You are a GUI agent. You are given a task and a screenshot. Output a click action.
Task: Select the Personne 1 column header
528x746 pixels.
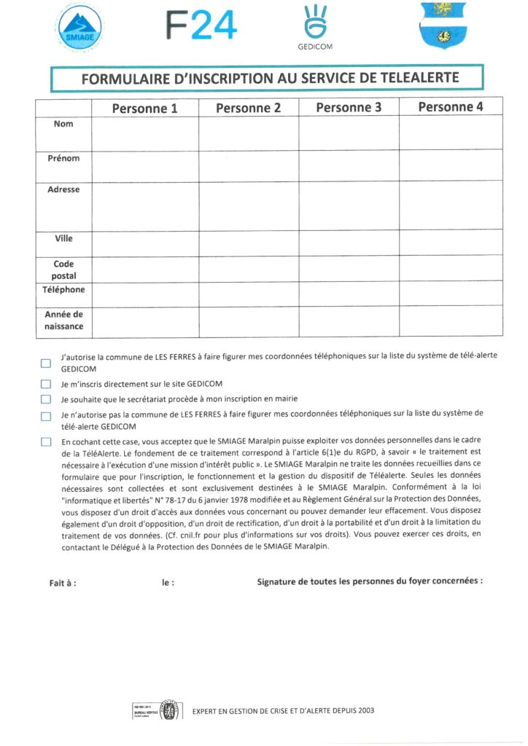[x=144, y=108]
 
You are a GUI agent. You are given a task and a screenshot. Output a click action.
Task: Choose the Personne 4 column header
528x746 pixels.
[x=451, y=107]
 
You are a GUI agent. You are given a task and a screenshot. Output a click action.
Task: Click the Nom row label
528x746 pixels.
[x=63, y=124]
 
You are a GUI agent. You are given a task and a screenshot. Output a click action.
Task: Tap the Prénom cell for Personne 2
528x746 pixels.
[x=248, y=165]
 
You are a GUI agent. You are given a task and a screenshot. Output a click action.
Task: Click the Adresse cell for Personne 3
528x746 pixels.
[x=349, y=205]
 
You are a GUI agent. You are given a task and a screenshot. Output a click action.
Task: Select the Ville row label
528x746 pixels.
[x=63, y=238]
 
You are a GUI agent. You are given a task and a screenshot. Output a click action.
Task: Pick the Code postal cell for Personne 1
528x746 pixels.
[x=144, y=268]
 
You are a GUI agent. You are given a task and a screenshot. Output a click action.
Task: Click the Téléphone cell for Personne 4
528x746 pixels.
[x=451, y=294]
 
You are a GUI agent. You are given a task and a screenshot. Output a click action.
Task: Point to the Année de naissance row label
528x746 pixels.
[x=63, y=321]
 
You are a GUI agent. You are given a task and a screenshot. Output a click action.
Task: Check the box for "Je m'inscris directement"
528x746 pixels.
[x=46, y=384]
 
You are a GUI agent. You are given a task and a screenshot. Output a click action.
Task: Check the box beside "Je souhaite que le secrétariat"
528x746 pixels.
[x=46, y=399]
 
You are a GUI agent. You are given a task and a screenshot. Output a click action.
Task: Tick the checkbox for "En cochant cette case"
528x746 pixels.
[x=46, y=441]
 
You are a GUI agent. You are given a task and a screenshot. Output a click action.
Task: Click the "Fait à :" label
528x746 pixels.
[x=62, y=583]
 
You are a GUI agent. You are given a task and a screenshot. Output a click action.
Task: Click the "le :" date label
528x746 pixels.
[x=168, y=583]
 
